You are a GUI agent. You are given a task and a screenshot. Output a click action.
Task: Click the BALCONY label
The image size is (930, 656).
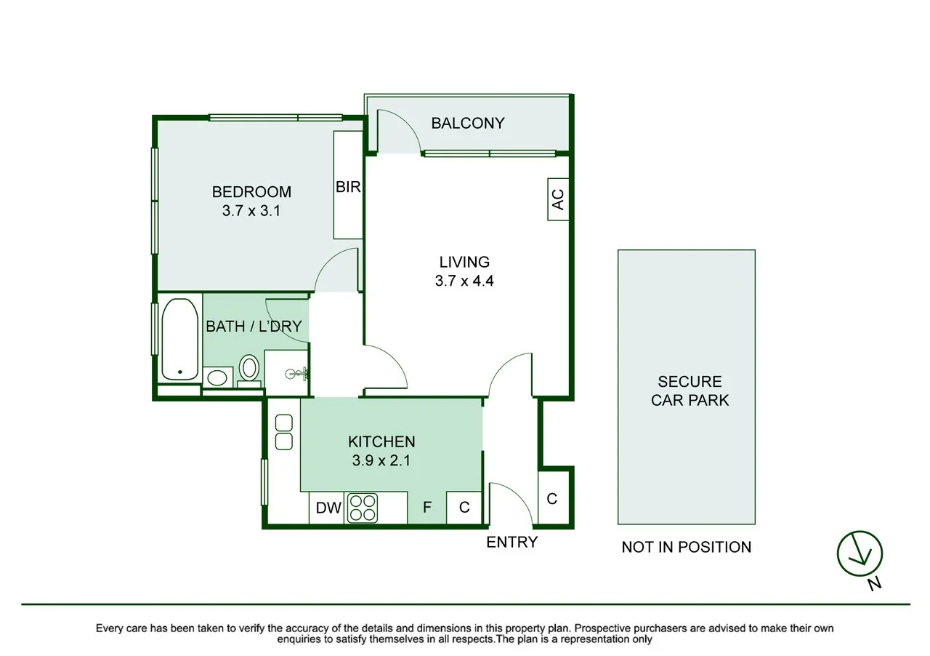(467, 123)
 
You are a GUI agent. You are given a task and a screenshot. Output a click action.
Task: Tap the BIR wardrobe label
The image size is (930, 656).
(348, 187)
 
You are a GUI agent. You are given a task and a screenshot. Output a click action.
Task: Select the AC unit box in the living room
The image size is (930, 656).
(558, 199)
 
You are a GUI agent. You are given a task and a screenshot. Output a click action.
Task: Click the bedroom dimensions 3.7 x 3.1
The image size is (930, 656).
(251, 211)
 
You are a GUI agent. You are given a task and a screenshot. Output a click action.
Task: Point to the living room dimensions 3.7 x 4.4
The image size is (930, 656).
(464, 281)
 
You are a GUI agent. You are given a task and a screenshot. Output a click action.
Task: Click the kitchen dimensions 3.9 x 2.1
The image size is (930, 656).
(381, 460)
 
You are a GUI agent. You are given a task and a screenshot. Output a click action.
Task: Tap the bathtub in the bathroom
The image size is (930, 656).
(179, 339)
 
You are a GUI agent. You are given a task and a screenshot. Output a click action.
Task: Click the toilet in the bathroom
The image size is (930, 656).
(249, 371)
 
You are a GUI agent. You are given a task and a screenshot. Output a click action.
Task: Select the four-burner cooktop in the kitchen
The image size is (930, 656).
(363, 508)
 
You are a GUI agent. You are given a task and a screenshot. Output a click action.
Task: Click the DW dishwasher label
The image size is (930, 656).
(328, 508)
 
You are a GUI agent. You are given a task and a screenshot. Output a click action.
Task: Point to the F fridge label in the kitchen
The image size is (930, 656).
(426, 508)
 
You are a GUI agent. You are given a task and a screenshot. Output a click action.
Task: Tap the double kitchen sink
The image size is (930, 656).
(284, 432)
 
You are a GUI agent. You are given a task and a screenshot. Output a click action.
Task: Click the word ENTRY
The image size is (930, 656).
(512, 542)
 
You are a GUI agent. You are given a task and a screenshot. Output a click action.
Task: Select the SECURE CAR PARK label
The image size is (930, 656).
(690, 391)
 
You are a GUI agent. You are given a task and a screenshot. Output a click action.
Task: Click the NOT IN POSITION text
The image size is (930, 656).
(687, 547)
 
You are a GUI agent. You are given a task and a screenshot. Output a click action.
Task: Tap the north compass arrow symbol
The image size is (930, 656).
(860, 553)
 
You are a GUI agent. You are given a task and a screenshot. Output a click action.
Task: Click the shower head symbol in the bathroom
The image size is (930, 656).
(296, 374)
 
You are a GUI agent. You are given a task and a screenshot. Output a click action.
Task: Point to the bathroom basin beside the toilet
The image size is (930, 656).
(217, 378)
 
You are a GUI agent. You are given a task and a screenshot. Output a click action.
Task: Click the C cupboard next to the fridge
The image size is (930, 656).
(464, 508)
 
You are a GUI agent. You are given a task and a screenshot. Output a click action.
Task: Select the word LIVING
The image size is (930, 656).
(464, 262)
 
